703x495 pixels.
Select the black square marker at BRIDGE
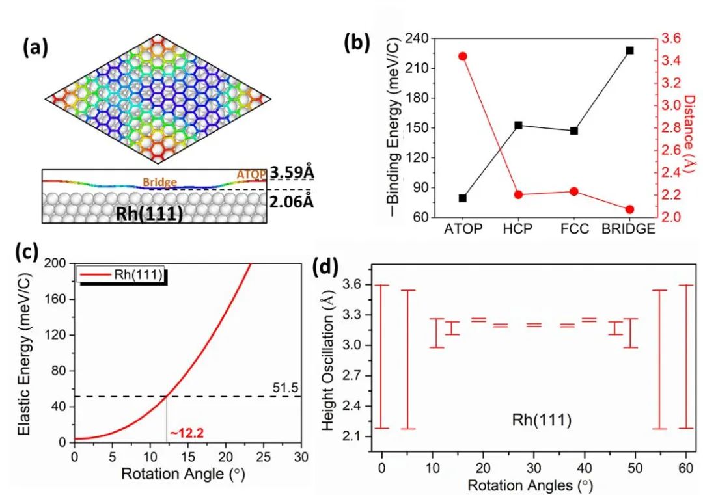pyautogui.click(x=629, y=50)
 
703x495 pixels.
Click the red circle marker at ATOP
pyautogui.click(x=463, y=57)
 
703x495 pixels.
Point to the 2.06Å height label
pyautogui.click(x=292, y=202)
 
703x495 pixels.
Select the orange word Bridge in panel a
pyautogui.click(x=159, y=183)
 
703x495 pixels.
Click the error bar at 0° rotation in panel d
pyautogui.click(x=382, y=356)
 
